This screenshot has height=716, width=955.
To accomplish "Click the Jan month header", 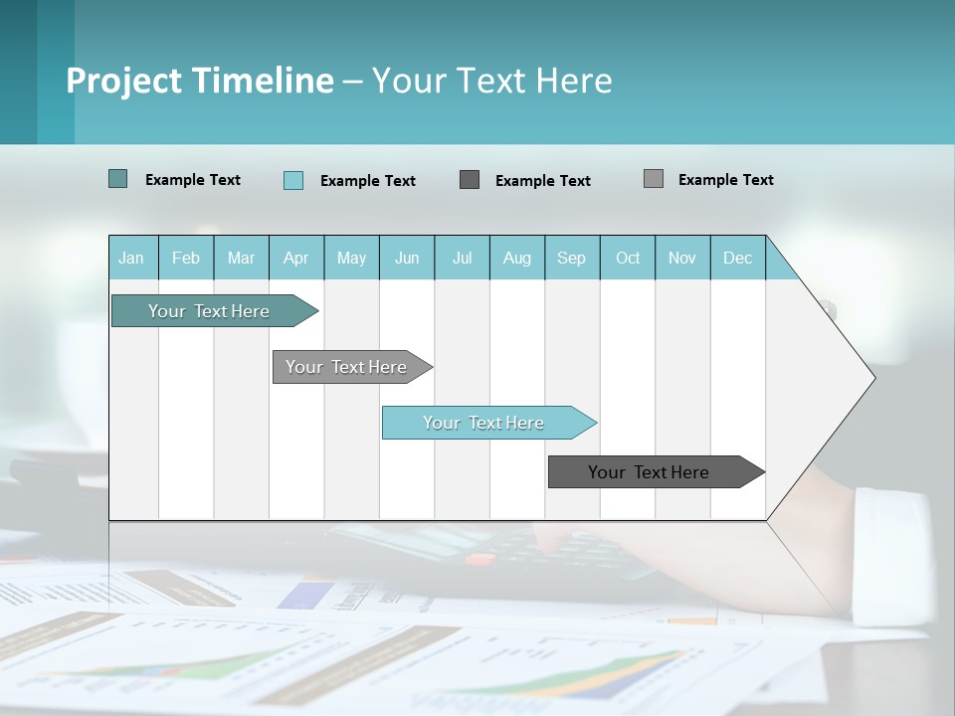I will click(132, 258).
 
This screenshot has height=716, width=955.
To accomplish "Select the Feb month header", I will click(186, 258).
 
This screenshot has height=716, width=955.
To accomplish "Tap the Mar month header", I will click(241, 258).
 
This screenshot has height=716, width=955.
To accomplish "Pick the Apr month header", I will click(296, 258).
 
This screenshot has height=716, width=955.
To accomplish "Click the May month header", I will click(351, 258).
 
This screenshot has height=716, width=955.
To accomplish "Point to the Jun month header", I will click(407, 258).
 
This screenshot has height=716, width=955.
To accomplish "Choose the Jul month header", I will click(462, 258).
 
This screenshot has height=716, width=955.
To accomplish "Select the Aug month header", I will click(517, 258).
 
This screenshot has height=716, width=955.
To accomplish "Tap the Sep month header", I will click(572, 258).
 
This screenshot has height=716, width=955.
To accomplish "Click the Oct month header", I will click(628, 258).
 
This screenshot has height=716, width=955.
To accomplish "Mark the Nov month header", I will click(682, 258).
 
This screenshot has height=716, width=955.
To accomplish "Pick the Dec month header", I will click(738, 258).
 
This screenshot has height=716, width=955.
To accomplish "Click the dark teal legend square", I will click(117, 179).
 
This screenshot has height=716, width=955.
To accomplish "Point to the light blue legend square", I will click(293, 180).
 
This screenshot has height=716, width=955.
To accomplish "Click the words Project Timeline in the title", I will click(200, 81).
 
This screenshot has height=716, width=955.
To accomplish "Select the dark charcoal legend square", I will click(470, 179).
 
